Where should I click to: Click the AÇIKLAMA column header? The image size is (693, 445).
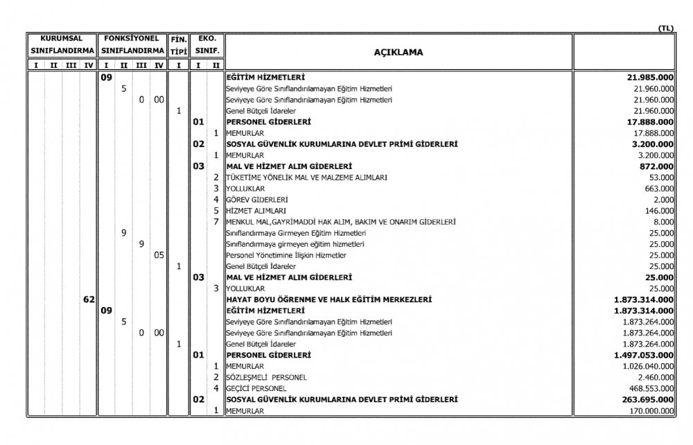coord(398,52)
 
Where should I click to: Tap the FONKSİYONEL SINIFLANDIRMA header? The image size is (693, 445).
coord(132,45)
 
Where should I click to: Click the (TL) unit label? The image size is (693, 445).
coord(665,28)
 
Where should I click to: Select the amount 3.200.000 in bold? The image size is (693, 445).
coord(653,144)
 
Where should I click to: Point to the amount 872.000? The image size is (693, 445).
coord(658,166)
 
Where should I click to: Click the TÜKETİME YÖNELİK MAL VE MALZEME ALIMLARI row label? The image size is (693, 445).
coord(306,177)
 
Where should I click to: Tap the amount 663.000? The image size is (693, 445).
coord(660,189)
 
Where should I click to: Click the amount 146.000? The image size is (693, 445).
coord(660,211)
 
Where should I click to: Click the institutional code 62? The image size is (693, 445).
coord(89,299)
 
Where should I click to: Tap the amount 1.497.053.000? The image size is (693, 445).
coord(645,355)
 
